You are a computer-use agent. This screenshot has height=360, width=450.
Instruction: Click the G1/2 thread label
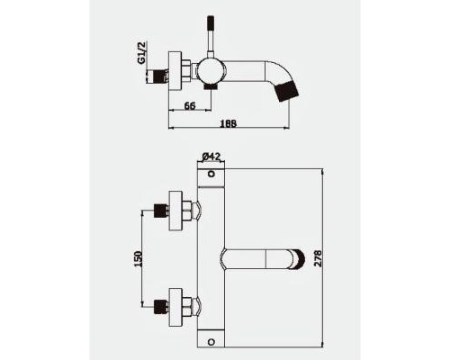(x=141, y=53)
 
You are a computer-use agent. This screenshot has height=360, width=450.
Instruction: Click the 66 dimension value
(x=190, y=105)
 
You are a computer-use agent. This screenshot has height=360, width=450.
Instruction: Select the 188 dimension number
(x=229, y=123)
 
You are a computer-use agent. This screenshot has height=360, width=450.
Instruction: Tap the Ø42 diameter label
(x=211, y=157)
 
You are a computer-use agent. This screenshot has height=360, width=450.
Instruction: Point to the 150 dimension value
(x=139, y=259)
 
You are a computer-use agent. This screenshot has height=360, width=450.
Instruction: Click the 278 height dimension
(x=317, y=258)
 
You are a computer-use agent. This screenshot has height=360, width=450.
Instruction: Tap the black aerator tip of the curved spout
(x=288, y=92)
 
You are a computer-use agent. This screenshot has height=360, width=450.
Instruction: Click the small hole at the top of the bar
(x=211, y=174)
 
